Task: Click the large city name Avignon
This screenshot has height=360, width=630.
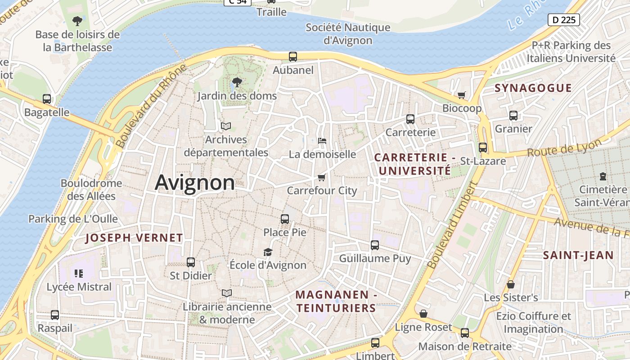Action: pos(194,183)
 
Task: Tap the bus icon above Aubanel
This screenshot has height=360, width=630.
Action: pos(293,57)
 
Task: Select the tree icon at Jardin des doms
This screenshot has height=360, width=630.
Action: pos(237,82)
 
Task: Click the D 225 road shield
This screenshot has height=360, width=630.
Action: pos(563,20)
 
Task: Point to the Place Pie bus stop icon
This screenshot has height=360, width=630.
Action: pos(285,219)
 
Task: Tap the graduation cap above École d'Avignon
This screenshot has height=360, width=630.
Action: pos(268,252)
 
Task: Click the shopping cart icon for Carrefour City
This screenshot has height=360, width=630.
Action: pos(321,177)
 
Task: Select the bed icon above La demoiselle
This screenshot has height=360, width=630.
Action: pos(322,141)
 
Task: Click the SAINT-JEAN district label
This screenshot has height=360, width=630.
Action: pos(578,256)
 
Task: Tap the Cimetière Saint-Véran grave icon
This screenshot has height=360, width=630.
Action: pos(603,176)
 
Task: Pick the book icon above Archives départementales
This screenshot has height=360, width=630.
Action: pos(225,126)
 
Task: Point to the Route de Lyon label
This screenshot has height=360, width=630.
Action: pos(564,148)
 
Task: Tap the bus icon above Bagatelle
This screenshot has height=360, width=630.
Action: pos(47,99)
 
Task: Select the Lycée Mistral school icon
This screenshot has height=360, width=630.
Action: pos(79,273)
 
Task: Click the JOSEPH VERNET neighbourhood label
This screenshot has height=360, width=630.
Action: pos(134,238)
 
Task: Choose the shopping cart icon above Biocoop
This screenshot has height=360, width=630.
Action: pos(461,95)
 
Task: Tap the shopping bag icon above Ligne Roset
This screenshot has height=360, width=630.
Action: pos(423,314)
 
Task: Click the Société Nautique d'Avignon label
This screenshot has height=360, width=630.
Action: pos(348,34)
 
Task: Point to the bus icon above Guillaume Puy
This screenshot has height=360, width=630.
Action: pos(375,245)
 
